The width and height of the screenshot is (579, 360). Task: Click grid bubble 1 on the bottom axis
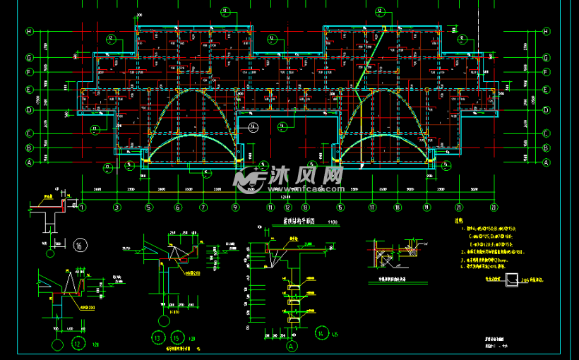(x=83, y=207)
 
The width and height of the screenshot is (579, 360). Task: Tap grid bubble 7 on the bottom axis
(x=203, y=207)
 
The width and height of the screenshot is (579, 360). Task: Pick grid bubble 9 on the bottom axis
(x=235, y=207)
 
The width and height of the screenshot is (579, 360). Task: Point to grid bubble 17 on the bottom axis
(x=372, y=207)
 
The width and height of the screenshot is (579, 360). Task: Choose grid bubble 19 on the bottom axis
(x=426, y=207)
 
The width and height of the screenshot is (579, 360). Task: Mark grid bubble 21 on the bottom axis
(x=459, y=207)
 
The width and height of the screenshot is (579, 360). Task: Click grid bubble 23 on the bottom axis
(x=494, y=207)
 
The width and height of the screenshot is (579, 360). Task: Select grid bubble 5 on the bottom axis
(x=149, y=207)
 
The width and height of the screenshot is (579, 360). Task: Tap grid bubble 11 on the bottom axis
(x=270, y=207)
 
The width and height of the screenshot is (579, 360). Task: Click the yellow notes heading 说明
(x=460, y=222)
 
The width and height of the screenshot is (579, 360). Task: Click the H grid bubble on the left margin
(x=30, y=31)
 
